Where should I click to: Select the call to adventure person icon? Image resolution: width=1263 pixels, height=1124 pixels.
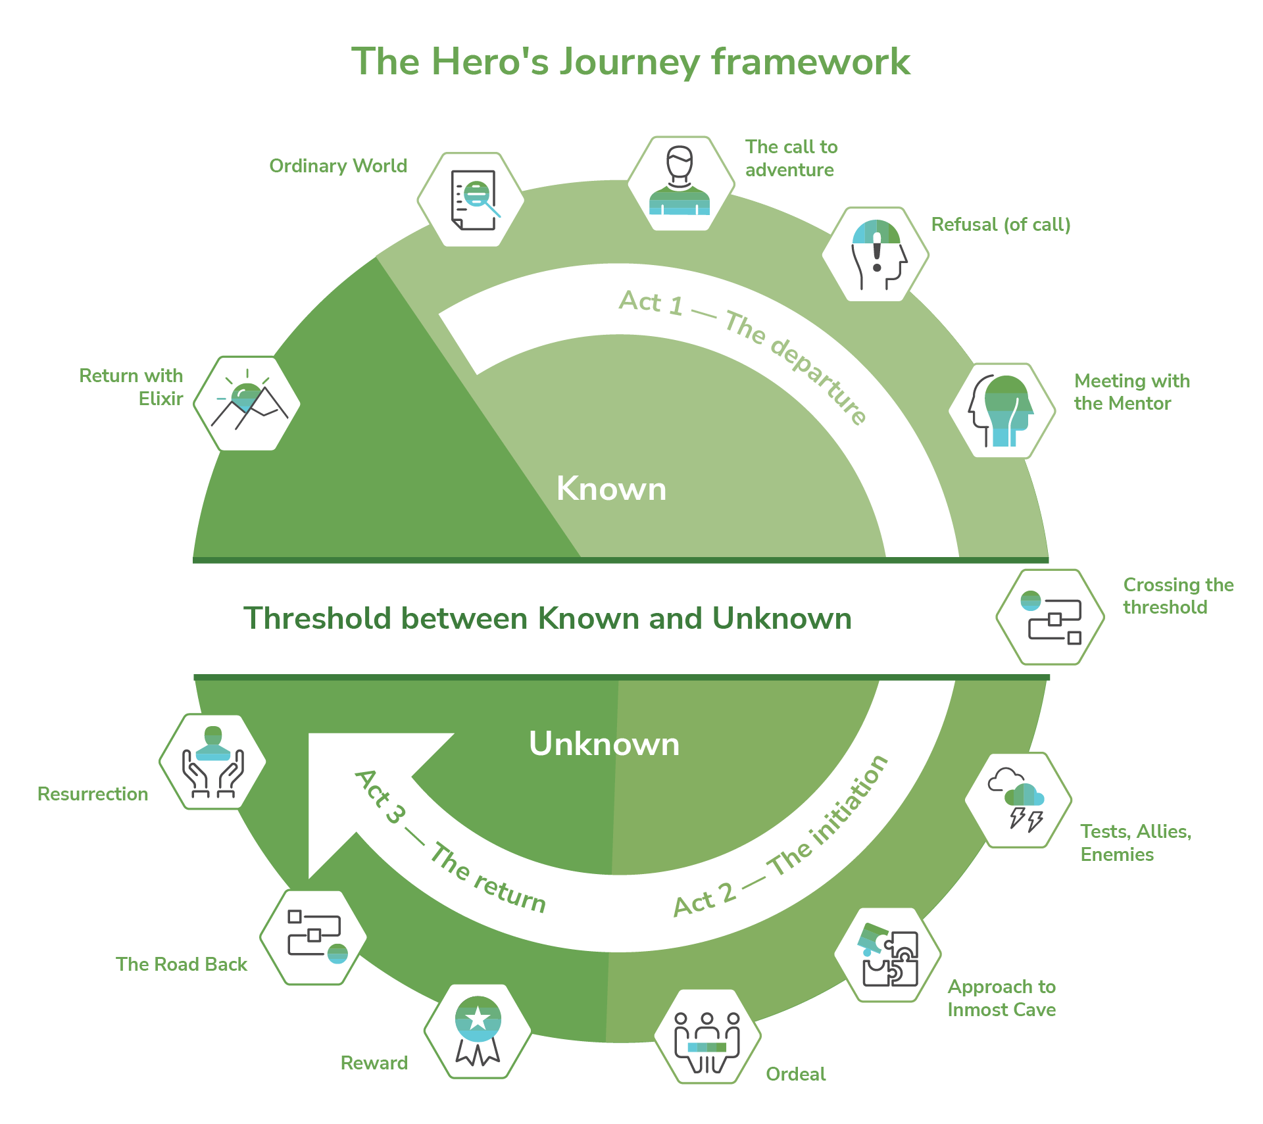point(680,183)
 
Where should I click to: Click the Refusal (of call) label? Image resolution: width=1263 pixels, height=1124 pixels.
point(1001,225)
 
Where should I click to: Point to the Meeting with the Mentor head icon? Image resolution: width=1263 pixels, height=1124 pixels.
point(1002,410)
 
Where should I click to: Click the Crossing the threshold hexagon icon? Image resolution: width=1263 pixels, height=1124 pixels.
point(1050,617)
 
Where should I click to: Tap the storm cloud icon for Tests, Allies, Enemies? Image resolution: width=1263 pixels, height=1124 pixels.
point(1018,799)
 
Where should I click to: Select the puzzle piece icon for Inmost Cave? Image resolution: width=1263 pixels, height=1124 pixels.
point(888,954)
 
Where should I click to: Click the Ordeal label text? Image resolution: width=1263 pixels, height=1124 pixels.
point(795,1074)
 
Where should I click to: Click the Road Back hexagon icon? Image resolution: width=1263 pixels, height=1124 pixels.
point(314,937)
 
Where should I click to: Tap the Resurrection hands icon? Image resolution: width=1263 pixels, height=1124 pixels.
point(212,762)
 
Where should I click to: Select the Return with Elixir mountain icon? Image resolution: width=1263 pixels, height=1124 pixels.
point(247,403)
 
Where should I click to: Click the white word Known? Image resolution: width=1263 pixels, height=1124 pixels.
point(611,489)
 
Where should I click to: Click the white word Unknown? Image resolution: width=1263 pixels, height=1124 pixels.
point(604,744)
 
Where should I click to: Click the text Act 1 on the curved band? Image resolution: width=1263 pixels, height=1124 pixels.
point(651,303)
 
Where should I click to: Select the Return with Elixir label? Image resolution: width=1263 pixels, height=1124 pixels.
point(132,387)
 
